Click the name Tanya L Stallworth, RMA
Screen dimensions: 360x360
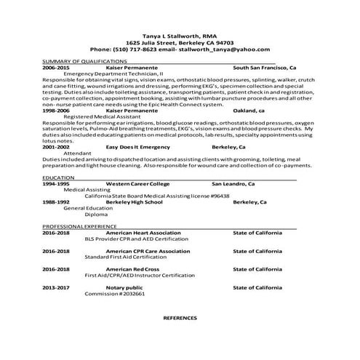pyautogui.click(x=179, y=36)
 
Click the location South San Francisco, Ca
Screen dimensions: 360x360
pyautogui.click(x=264, y=68)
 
